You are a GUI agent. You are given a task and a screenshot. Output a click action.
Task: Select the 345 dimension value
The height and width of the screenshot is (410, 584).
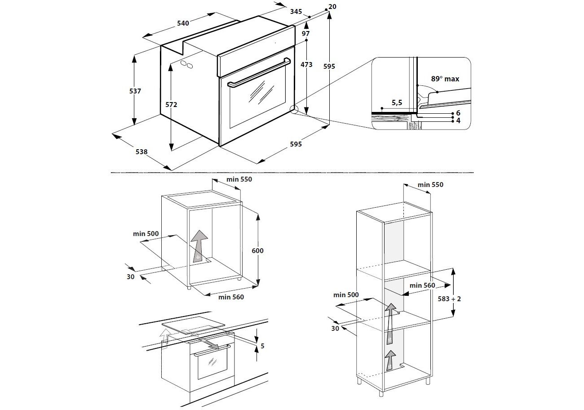point(296,12)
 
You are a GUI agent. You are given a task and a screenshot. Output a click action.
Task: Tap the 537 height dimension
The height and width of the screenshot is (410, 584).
point(135,91)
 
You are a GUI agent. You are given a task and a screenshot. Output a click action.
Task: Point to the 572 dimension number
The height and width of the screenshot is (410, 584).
point(171,105)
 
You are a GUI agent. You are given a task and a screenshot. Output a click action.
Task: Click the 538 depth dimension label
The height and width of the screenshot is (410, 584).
point(142,152)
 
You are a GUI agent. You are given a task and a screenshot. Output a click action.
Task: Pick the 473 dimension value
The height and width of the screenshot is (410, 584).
point(306,65)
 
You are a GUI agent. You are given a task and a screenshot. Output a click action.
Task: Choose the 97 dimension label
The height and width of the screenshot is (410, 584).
point(306,34)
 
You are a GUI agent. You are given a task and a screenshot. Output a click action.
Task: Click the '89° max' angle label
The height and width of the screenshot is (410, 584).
point(445,79)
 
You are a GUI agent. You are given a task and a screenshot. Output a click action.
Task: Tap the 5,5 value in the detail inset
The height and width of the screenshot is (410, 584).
point(397,103)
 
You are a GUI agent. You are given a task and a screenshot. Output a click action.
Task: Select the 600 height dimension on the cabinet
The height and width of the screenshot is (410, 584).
point(257,250)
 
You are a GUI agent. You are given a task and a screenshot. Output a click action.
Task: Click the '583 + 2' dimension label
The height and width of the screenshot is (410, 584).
point(450,299)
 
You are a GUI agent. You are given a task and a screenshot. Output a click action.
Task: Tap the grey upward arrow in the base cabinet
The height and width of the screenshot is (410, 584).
point(199,245)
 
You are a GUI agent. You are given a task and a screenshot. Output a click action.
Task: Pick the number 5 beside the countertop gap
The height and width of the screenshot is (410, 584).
point(262,346)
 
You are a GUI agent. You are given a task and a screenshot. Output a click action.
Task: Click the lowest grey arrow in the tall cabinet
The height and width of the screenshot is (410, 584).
point(390,360)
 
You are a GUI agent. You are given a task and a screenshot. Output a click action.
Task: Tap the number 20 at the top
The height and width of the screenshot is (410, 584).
point(332,7)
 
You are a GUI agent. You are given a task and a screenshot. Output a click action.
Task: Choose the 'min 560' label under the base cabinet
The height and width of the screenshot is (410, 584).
point(231,297)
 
